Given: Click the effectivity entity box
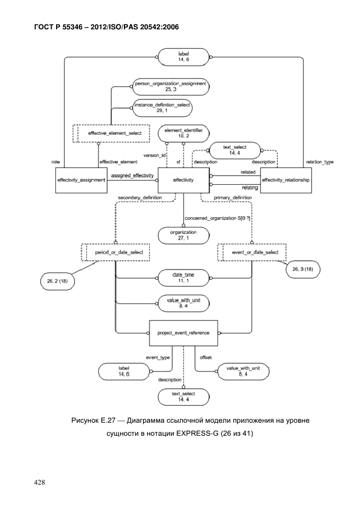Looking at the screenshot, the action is coord(183,180).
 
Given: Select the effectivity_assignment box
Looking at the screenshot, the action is coord(82,180).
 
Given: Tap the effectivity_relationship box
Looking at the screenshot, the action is coord(286,180).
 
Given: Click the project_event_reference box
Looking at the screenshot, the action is coord(183,333).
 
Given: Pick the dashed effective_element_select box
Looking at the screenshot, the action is coord(111,133).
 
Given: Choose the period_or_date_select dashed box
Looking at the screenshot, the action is coord(115,253).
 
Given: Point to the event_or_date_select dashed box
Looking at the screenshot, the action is coord(252,253).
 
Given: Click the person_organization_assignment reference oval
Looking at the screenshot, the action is coord(171,86).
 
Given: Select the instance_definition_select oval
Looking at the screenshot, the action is coord(162,108).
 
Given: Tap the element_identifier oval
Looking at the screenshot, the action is coord(183,133).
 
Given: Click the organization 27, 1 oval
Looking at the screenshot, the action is coord(183,235).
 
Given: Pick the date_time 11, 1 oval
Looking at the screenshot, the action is coord(183,278).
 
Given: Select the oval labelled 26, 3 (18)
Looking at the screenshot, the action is coord(303,269).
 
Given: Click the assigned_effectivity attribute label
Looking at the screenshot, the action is coord(132,175).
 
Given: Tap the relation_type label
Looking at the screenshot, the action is coord(320,162).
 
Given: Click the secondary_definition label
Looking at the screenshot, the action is coord(140,197).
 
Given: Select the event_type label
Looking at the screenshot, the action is coord(158,358).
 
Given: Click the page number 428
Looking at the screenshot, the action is coord(40,482).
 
